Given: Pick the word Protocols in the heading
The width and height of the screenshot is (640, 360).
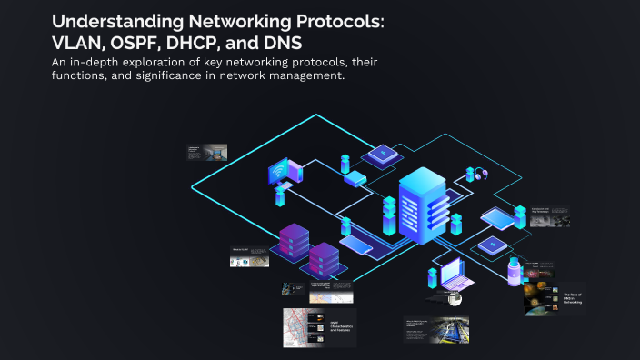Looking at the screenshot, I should point(332,20).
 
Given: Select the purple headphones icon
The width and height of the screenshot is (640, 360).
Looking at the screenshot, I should point(476,174).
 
